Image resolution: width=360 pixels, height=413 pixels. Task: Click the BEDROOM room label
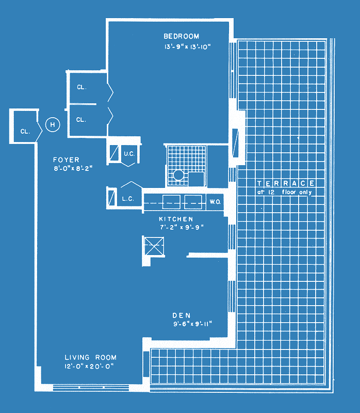(182, 36)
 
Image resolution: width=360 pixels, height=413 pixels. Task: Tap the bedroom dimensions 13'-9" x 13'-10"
(187, 47)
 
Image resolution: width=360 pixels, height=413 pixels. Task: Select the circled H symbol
(53, 124)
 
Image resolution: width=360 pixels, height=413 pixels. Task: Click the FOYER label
(66, 160)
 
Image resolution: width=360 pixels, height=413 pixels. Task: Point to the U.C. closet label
(129, 154)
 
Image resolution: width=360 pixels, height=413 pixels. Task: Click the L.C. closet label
(128, 199)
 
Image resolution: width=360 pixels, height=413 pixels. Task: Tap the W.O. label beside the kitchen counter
(215, 202)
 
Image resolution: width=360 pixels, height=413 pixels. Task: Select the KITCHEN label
(176, 219)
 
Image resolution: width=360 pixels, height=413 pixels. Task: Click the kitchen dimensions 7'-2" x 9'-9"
(182, 227)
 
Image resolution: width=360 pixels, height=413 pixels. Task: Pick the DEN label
(182, 315)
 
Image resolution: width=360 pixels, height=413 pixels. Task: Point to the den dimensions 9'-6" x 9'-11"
(192, 324)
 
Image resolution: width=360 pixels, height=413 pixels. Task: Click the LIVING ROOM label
(91, 357)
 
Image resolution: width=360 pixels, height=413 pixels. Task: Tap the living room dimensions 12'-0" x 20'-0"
(89, 366)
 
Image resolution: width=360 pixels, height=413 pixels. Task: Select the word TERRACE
(286, 183)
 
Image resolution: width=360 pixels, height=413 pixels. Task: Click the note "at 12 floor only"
(285, 192)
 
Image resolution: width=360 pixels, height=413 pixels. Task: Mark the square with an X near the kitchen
(154, 246)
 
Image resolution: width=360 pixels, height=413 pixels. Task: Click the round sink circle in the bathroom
(178, 175)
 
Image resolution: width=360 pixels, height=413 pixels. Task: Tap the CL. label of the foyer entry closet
(25, 132)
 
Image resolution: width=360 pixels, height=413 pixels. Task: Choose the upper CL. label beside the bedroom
(81, 87)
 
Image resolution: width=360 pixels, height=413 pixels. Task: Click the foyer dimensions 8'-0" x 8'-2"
(73, 168)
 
